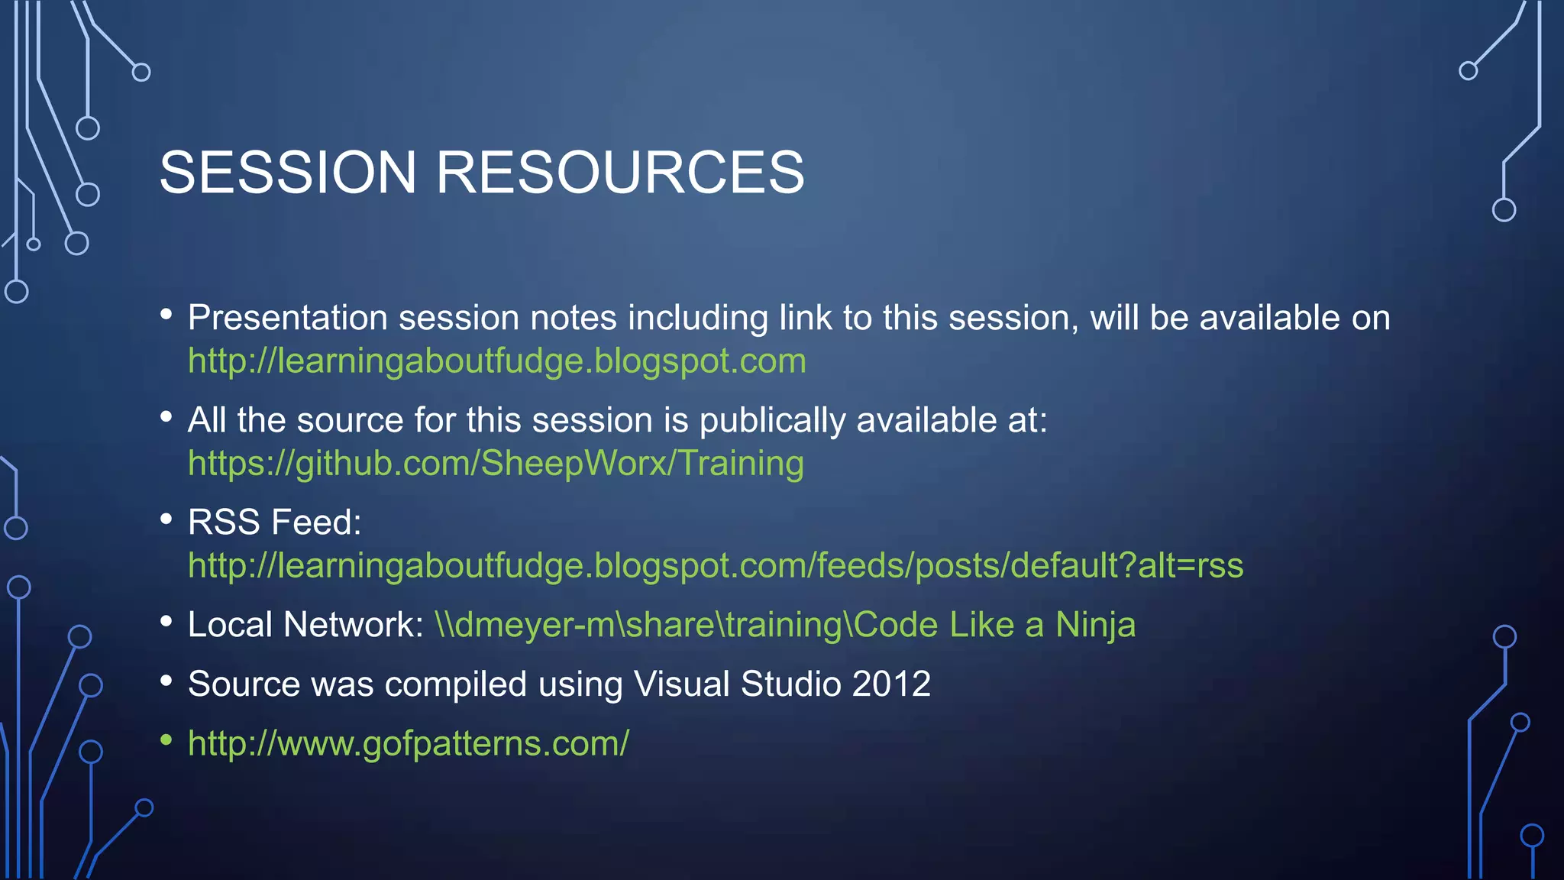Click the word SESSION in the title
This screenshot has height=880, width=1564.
click(288, 173)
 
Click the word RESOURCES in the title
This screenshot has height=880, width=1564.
click(619, 173)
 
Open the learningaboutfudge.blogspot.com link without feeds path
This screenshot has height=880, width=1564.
click(496, 361)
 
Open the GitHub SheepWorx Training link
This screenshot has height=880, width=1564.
click(496, 464)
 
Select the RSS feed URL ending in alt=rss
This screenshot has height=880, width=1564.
click(716, 566)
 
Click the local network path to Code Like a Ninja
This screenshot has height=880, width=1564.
click(784, 625)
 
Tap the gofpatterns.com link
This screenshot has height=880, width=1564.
click(409, 743)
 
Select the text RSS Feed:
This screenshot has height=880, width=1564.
click(274, 522)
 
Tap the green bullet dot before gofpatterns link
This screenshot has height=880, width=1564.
click(166, 739)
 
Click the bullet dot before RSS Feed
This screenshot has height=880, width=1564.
click(166, 519)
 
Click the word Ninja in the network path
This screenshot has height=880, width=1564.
click(1095, 625)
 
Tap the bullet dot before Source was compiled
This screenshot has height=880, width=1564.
click(166, 680)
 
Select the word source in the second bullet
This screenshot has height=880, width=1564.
click(349, 421)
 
